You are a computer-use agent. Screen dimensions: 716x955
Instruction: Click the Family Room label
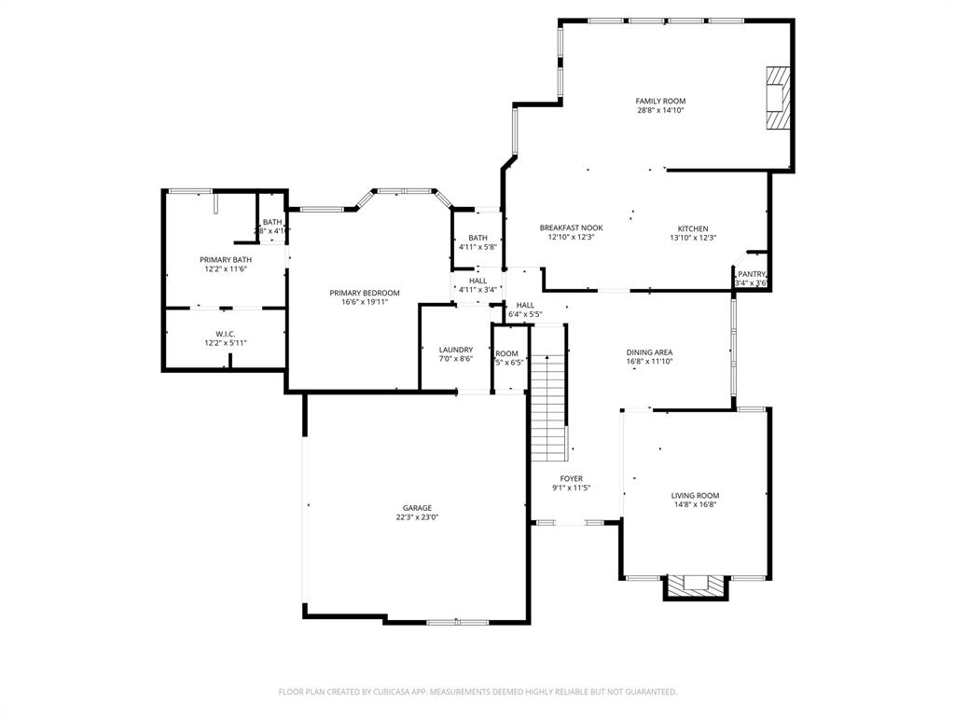(x=660, y=101)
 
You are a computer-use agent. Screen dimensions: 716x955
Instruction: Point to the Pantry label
(x=751, y=274)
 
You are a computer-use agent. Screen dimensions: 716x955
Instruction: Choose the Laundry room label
(x=456, y=350)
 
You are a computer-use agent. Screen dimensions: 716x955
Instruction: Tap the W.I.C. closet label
(x=225, y=333)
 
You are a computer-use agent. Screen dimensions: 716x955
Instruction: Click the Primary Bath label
(x=225, y=259)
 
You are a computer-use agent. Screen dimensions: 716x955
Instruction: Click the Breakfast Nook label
(x=571, y=227)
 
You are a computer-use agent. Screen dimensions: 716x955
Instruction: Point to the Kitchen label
(x=692, y=228)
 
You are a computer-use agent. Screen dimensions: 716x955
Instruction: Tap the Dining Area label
(x=649, y=352)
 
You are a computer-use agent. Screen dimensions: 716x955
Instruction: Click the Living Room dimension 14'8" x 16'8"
(x=695, y=505)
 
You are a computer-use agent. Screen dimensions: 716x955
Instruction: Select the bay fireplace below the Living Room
(x=695, y=586)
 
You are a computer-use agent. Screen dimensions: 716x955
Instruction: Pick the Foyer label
(x=571, y=478)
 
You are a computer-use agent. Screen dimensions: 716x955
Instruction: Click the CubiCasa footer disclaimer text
(x=477, y=692)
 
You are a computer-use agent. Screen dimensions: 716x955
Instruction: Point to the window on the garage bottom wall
(x=457, y=622)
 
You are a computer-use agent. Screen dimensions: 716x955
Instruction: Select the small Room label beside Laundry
(x=507, y=353)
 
